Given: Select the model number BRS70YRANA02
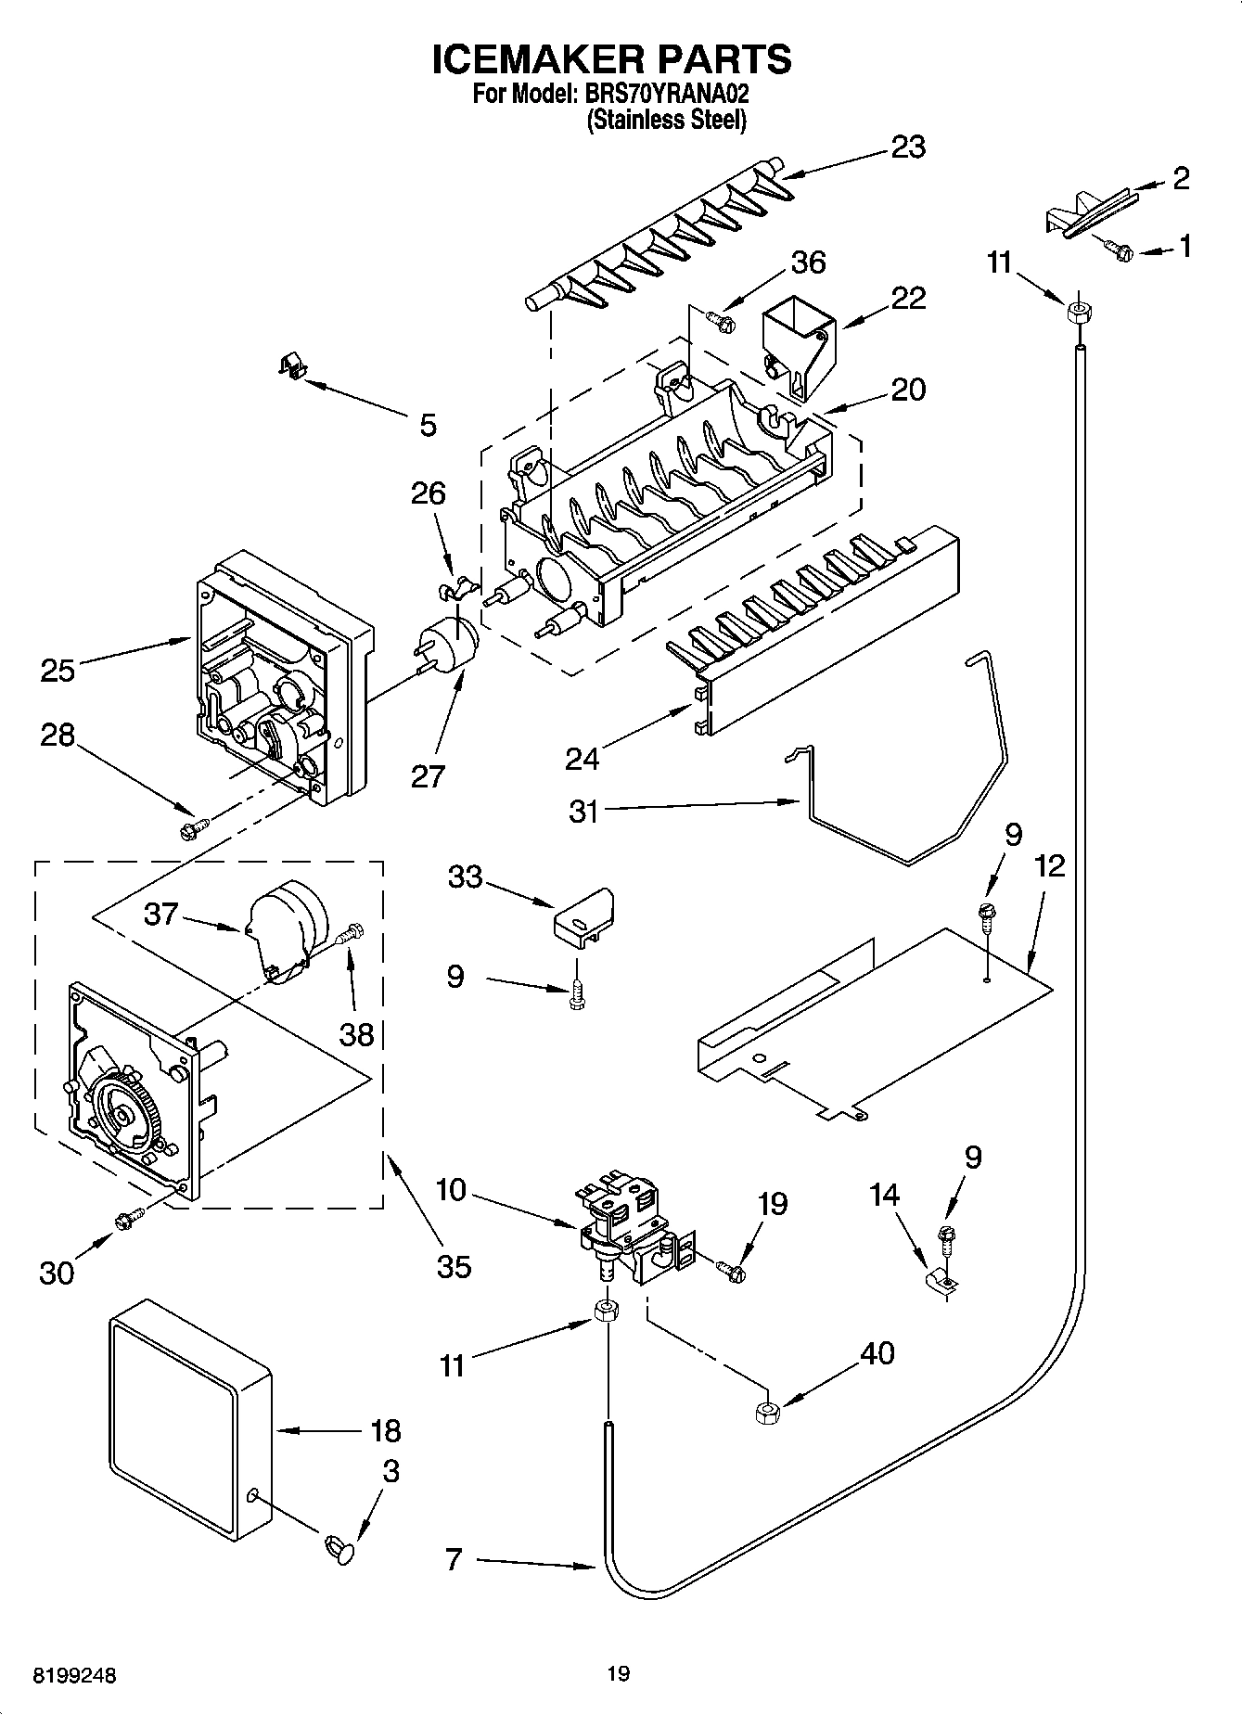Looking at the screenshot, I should pyautogui.click(x=666, y=94).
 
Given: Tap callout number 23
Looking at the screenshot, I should pyautogui.click(x=907, y=147).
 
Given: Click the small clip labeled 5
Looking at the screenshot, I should pyautogui.click(x=292, y=366).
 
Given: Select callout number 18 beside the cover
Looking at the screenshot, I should pyautogui.click(x=385, y=1431).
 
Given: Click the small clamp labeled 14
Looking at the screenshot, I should pyautogui.click(x=942, y=1282).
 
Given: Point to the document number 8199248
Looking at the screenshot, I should pyautogui.click(x=74, y=1676).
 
